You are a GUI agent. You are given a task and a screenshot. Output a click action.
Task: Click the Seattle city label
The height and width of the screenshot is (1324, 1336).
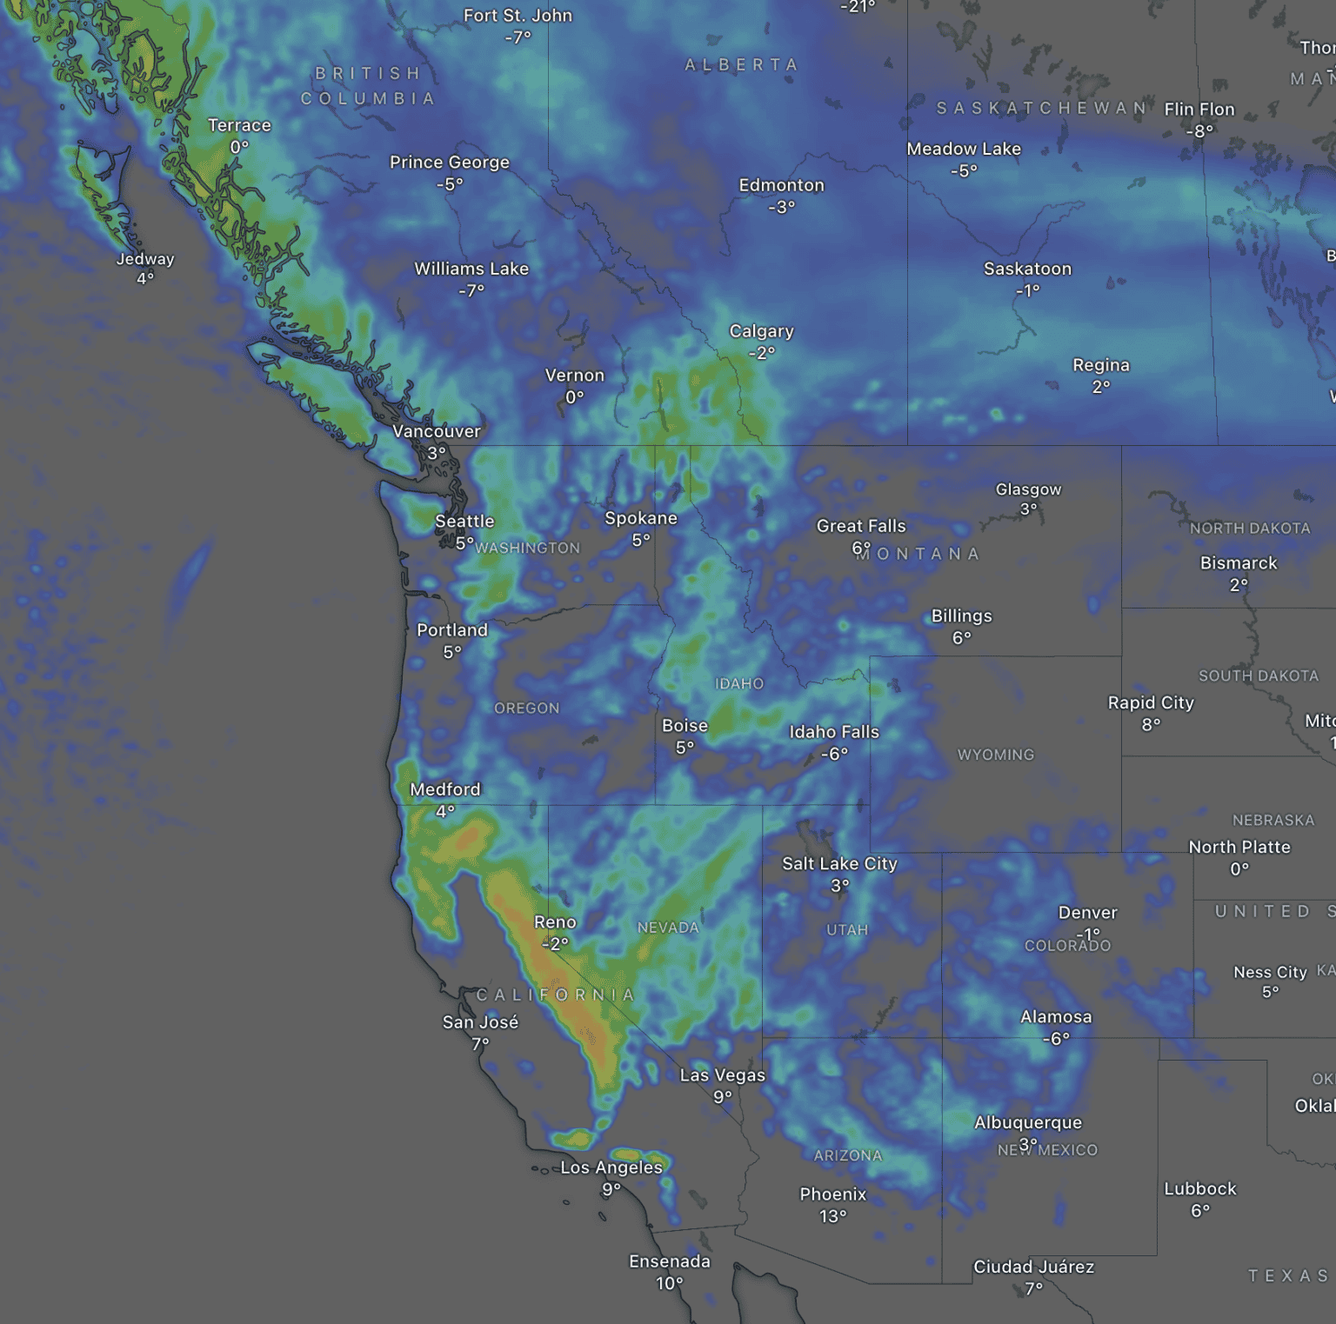coord(464,522)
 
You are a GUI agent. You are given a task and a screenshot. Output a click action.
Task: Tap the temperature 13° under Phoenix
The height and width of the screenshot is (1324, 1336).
coord(832,1216)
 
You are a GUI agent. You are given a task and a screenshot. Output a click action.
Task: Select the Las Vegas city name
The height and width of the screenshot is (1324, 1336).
coord(722,1075)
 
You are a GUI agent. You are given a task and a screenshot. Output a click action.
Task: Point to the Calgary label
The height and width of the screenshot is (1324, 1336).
coord(761,331)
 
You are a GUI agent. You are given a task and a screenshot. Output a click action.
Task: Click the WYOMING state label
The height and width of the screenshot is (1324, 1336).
coord(996,755)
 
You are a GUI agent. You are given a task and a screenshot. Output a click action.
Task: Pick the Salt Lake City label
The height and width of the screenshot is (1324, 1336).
coord(839,863)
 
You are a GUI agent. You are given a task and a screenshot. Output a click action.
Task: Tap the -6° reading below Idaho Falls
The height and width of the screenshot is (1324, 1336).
coord(834,754)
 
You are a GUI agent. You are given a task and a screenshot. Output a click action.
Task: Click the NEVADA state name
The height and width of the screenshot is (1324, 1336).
coord(668,928)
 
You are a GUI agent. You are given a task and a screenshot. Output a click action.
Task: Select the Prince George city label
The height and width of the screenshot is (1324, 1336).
coord(450,163)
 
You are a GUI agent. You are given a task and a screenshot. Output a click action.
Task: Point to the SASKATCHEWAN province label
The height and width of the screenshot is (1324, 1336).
coord(1042,108)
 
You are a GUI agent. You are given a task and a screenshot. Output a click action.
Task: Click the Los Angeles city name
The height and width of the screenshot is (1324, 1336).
coord(611,1168)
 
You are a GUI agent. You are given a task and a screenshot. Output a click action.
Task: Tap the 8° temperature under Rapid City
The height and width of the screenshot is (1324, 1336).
coord(1151,724)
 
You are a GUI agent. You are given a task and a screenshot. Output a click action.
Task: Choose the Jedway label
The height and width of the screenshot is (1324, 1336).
coord(145,259)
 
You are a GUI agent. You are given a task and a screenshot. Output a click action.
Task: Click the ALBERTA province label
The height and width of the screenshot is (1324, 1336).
coord(741,65)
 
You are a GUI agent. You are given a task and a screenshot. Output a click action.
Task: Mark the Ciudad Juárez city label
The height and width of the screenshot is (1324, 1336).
coord(1033,1267)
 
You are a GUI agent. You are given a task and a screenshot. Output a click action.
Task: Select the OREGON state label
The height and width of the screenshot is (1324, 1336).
coord(526,709)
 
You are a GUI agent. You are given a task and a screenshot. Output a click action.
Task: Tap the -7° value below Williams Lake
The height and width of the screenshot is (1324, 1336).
coord(471,290)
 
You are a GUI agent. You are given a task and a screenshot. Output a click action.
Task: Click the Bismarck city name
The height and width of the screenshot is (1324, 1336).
coord(1239,563)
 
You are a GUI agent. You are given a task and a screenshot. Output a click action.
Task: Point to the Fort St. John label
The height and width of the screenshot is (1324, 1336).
coord(518,16)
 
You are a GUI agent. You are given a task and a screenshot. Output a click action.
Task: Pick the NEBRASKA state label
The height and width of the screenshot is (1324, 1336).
coord(1273,820)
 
